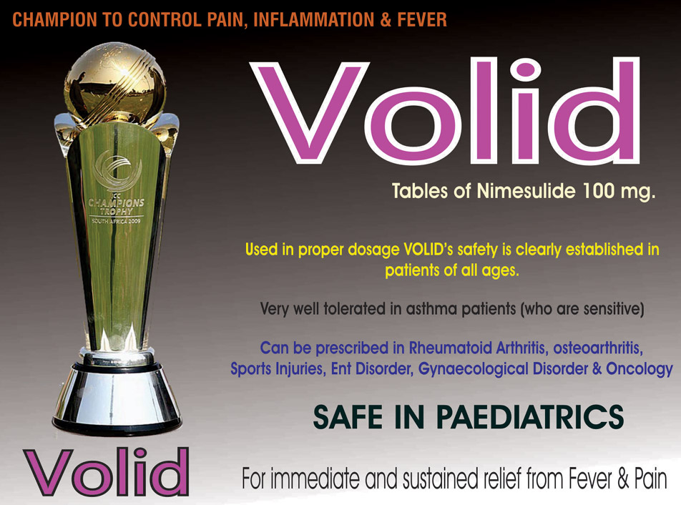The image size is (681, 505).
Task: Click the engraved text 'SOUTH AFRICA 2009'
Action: coord(116,221)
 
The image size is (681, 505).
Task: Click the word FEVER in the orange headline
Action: coord(422,20)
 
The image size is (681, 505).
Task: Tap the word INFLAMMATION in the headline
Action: coord(313,20)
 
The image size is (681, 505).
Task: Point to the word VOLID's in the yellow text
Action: coord(428,250)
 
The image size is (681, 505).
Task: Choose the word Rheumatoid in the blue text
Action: coord(450,348)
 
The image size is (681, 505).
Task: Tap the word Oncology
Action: coord(640,369)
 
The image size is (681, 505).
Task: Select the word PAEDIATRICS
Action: coord(530,417)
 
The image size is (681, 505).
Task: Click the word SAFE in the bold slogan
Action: coord(348,417)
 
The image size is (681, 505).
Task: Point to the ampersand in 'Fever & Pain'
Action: coord(624,479)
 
